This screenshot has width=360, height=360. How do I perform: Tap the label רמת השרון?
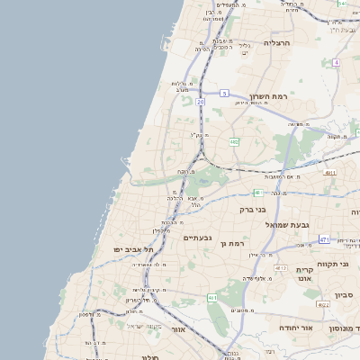click(x=270, y=95)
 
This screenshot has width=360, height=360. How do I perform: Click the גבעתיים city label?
click(x=198, y=238)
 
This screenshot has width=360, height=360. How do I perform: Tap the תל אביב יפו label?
click(x=134, y=247)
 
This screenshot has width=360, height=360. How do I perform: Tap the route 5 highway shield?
click(x=224, y=93)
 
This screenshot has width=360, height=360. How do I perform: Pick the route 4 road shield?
click(x=336, y=62)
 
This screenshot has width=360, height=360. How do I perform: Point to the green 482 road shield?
click(x=234, y=141)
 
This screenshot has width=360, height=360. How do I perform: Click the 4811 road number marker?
click(x=330, y=172)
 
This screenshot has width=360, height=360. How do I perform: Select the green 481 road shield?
click(x=257, y=192)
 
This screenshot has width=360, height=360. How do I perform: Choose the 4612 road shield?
click(x=281, y=268)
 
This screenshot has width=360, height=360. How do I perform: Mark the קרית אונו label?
click(x=304, y=274)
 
